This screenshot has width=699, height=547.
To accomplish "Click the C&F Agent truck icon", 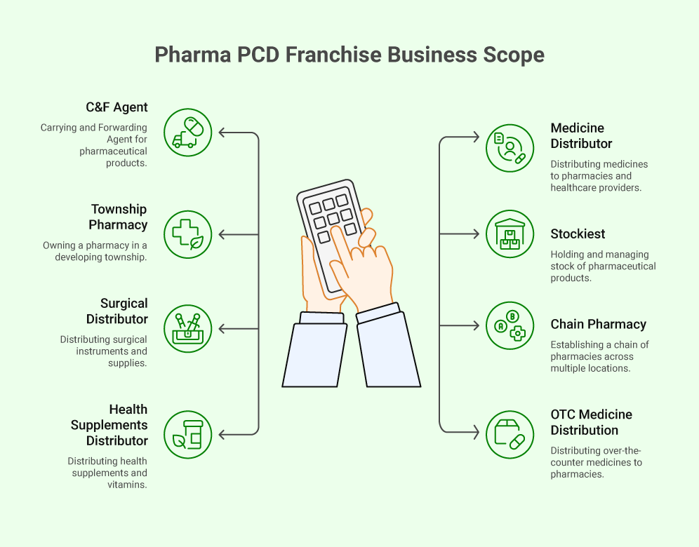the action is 187,132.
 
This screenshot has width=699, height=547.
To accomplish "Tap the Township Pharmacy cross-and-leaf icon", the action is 187,234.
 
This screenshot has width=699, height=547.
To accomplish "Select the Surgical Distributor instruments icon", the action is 187,328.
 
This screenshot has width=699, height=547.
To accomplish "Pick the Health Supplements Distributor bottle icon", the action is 187,435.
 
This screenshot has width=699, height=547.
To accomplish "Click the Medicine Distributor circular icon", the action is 510,148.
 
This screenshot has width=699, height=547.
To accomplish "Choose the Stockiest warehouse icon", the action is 510,234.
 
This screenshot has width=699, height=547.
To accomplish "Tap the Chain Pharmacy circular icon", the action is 510,325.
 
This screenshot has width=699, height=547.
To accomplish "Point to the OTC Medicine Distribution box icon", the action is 510,435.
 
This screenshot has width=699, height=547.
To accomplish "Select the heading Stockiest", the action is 578,234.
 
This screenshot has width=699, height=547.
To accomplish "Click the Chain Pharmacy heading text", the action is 598,325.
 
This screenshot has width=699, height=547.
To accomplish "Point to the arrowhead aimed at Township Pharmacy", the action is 222,234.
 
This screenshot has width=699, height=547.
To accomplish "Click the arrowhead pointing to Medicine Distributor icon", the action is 476,138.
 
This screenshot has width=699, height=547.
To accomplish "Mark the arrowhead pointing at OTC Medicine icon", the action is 476,433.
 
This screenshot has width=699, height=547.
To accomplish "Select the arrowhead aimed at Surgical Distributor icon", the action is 222,328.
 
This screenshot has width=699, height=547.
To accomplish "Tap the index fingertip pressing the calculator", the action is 335,232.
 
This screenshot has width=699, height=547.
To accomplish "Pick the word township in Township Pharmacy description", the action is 124,257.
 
